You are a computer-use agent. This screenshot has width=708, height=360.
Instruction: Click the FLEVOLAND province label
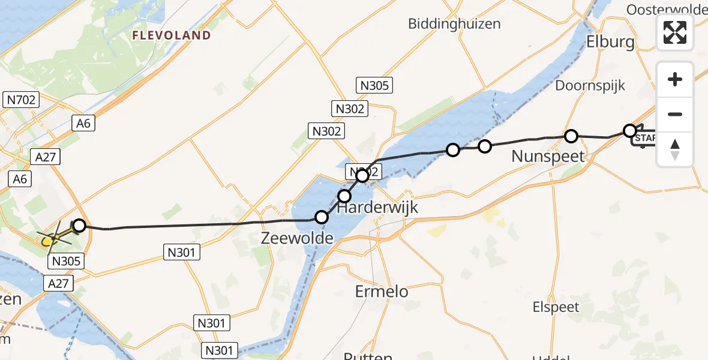pos(172,35)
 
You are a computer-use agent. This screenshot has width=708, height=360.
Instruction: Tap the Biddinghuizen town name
pos(454,23)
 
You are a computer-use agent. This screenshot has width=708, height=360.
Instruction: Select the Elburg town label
pos(610,42)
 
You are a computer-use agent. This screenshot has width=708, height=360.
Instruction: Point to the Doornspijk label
pos(590,85)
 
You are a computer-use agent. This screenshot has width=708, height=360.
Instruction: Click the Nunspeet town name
pos(548,157)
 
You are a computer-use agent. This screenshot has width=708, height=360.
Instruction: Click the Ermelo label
pos(382,292)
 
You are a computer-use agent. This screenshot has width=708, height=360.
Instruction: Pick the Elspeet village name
pos(556,307)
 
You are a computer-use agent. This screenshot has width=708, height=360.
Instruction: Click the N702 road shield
pos(21,100)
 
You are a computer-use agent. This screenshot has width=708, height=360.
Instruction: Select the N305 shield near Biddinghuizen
pos(374,85)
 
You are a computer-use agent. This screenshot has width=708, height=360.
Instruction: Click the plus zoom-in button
pos(675,79)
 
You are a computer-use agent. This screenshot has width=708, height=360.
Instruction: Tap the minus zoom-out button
pos(675,114)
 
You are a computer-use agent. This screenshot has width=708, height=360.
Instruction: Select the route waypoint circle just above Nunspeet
pos(571,136)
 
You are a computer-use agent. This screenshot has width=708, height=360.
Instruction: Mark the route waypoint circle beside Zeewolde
pos(322,217)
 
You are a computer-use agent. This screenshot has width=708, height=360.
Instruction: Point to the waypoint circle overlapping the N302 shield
pos(362,176)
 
